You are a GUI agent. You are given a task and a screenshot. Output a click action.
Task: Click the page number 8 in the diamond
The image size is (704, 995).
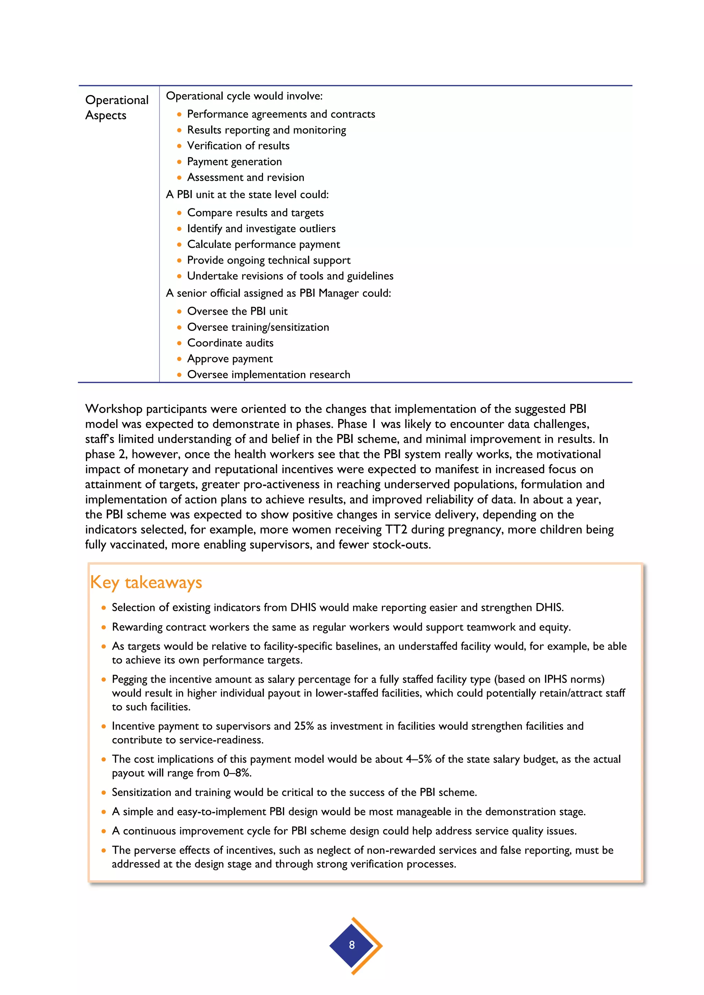[x=352, y=945]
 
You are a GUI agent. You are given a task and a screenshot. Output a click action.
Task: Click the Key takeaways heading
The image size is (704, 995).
[x=146, y=582]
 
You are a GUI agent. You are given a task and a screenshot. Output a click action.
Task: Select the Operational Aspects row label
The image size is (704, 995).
[x=117, y=108]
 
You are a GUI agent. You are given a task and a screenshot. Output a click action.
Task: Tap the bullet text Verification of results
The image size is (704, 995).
[x=238, y=146]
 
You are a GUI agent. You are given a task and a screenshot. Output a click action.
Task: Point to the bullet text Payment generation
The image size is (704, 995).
[x=234, y=161]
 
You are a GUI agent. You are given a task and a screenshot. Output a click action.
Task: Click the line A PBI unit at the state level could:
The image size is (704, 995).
[x=247, y=194]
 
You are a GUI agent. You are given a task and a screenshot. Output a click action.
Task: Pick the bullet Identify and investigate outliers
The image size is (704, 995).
[x=261, y=228]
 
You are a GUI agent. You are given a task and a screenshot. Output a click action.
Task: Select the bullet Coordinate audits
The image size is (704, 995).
[x=230, y=343]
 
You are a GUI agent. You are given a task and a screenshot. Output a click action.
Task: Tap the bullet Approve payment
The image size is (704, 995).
[x=230, y=359]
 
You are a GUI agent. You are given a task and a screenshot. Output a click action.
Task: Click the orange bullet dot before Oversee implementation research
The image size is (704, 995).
[x=179, y=375]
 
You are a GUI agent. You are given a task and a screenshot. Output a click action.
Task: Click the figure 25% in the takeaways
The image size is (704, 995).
[x=304, y=726]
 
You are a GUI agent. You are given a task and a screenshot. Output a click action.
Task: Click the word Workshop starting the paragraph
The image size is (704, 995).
[x=113, y=409]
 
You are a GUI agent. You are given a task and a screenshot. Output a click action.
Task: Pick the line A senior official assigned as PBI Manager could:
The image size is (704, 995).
[x=278, y=293]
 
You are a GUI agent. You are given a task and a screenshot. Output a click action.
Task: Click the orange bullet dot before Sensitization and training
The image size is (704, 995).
[x=103, y=793]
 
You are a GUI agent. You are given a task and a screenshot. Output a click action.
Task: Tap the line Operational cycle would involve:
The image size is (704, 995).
[x=244, y=96]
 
